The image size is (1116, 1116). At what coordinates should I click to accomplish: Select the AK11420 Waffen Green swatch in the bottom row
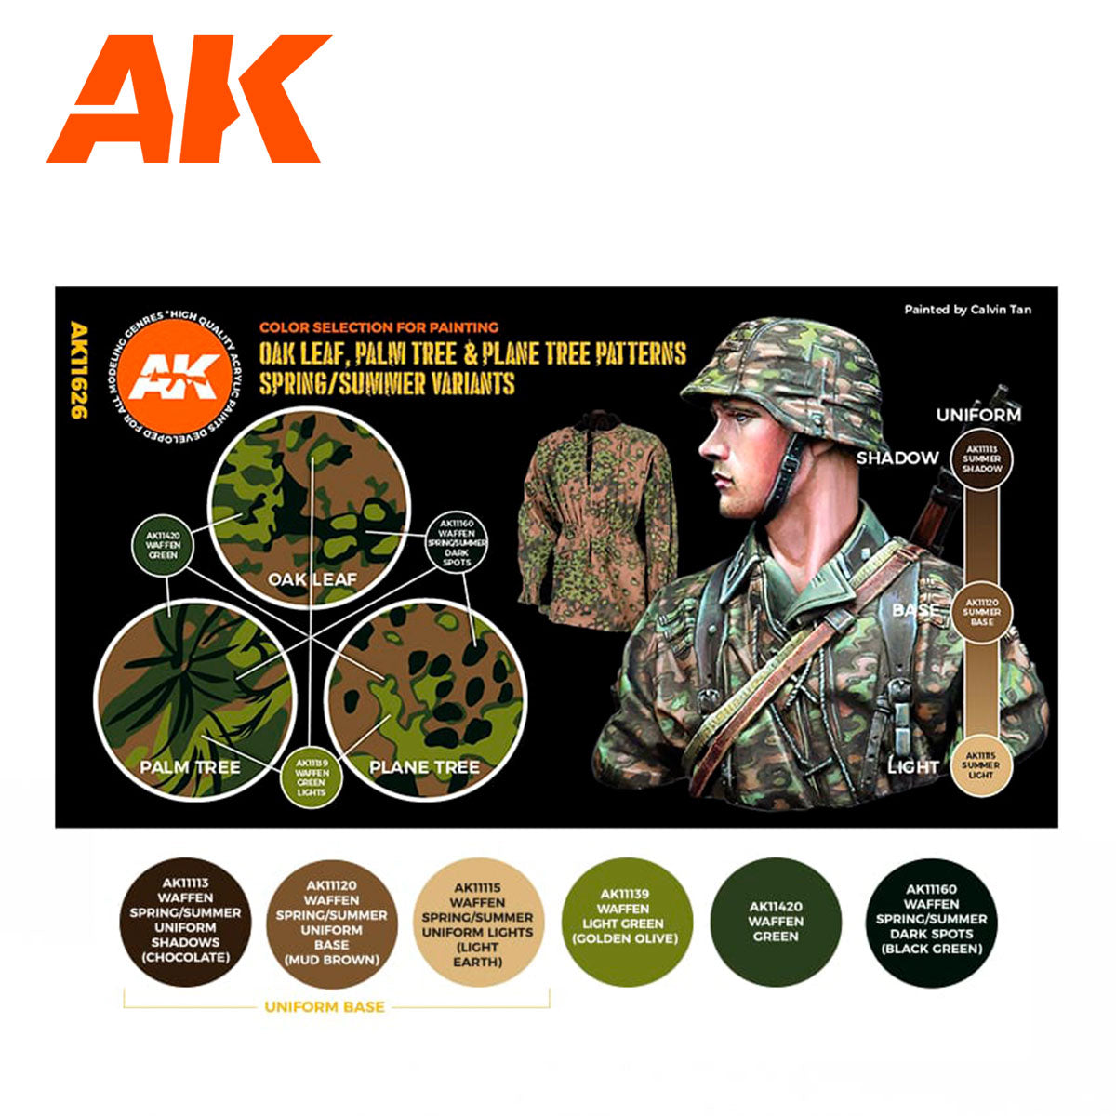point(775,922)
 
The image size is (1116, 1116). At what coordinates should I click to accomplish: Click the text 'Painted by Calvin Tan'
point(967,310)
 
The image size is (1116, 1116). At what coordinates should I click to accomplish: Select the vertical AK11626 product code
point(78,369)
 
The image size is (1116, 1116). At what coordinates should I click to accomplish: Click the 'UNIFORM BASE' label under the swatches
point(325,1006)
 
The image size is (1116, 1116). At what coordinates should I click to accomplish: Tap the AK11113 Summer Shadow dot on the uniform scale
point(981,457)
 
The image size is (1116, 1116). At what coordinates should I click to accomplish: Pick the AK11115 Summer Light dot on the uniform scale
point(980,764)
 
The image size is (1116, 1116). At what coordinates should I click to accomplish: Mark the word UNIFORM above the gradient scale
point(978,415)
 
